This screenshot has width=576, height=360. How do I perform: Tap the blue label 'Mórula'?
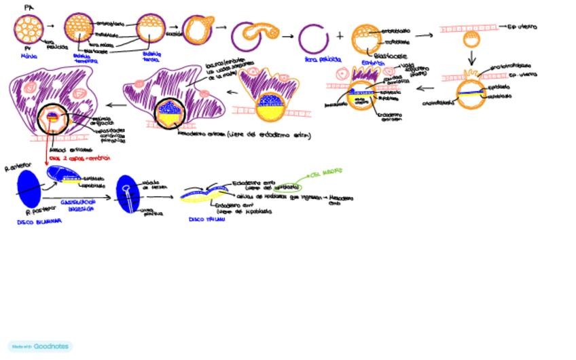point(29,58)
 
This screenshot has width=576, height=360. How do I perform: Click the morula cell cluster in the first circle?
point(28,29)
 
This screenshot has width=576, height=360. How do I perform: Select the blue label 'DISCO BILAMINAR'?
point(39,221)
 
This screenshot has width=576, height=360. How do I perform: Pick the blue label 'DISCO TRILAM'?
point(206,219)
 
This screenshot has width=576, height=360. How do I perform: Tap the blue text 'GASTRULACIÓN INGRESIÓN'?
point(78,206)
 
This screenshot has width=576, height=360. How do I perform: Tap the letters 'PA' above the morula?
point(28,6)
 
